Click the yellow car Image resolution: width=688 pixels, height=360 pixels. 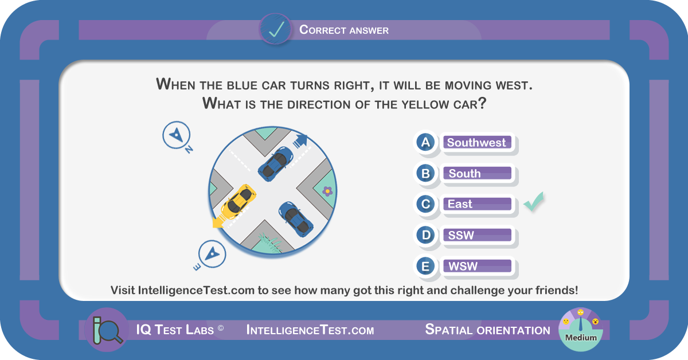point(239,202)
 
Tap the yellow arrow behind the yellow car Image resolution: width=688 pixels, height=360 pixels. point(220,221)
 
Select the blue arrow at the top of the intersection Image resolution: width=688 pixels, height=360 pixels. point(300,140)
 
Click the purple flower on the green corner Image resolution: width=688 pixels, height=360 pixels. point(327,191)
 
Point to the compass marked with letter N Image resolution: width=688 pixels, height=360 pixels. point(176,135)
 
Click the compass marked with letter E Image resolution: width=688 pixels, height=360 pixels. point(212,254)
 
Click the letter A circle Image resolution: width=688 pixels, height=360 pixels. point(425,142)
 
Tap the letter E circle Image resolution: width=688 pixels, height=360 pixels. point(425,266)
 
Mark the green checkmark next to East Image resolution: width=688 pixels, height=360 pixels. point(534,202)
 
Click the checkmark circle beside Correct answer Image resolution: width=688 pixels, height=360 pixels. point(276,29)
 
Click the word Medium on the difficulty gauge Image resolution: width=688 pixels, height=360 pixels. point(581,338)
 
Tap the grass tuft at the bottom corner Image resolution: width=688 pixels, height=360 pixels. point(269,243)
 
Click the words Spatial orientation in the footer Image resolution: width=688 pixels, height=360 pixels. point(487,330)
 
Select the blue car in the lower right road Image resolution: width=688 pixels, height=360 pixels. point(295,219)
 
